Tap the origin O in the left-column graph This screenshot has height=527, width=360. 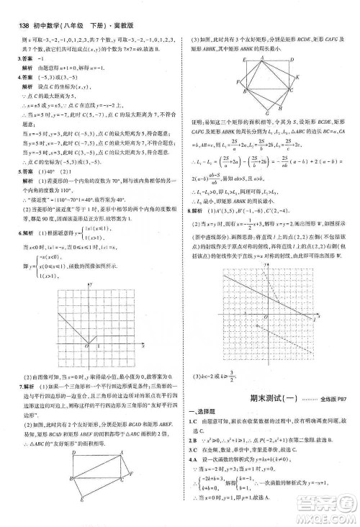(86, 346)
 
